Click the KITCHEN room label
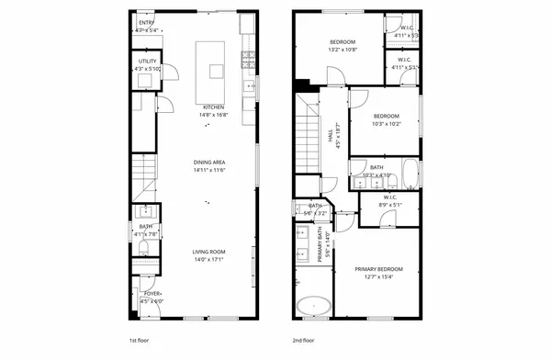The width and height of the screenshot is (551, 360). tap(213, 107)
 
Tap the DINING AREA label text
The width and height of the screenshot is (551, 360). tap(209, 162)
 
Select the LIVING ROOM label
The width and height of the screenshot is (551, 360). tap(208, 251)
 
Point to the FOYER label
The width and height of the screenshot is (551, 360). tap(152, 294)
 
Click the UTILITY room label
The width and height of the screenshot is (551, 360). tap(147, 61)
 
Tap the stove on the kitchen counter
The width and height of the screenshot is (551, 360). tap(247, 60)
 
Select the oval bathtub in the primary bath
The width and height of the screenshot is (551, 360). tap(314, 306)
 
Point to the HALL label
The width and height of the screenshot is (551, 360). tap(331, 135)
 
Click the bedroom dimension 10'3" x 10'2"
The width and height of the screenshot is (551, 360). tap(386, 123)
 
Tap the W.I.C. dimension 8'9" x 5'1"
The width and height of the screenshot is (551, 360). tap(390, 204)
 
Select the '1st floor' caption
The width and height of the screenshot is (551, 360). tap(139, 339)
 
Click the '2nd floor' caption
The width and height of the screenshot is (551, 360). tap(303, 339)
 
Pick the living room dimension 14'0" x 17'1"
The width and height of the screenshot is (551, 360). tap(208, 259)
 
